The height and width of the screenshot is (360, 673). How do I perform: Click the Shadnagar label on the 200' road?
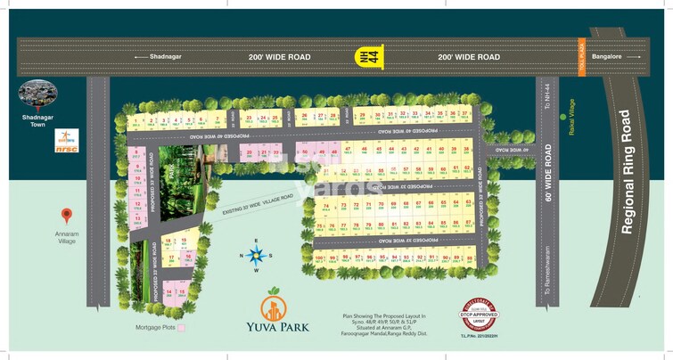coord(165,56)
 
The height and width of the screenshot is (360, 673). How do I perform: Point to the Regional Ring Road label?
coord(626,172)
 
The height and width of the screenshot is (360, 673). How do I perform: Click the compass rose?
coord(257,257)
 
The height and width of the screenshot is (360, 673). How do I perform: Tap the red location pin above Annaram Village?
coord(66,215)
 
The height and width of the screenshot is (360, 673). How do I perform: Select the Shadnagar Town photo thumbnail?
coord(38,94)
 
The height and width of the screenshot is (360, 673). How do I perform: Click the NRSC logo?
coord(66,143)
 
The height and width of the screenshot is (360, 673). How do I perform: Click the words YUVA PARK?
coord(284,327)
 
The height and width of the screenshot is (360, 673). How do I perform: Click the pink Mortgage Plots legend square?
coord(182,328)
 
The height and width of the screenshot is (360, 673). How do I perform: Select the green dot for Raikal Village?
coord(562,116)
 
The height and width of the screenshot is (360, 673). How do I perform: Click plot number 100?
coord(319,258)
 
